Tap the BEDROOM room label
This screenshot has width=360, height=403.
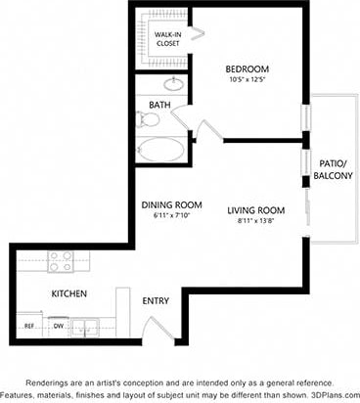point(247,69)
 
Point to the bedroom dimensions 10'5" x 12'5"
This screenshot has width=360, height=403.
point(247,80)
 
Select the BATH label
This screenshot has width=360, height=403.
point(159,104)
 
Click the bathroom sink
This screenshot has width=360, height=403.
point(173,85)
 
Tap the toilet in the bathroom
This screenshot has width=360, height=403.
point(149,120)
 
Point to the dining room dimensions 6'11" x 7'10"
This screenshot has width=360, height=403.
point(171,216)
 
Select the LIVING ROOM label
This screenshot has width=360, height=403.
point(256,210)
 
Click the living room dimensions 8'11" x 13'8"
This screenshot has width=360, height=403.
point(256,222)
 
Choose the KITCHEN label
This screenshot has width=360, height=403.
point(69,293)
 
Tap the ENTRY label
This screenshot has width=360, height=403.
point(157,301)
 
